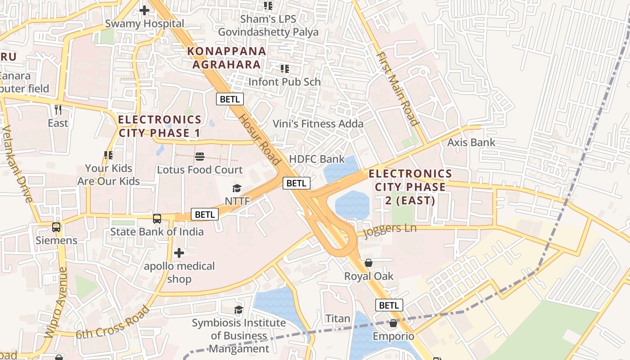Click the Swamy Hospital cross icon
point(144,10)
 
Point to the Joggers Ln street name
point(389,229)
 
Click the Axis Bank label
point(471,143)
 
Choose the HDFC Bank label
point(317,159)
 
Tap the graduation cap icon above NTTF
point(237,188)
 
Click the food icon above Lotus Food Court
point(200,157)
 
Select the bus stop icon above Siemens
point(56,227)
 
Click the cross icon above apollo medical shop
point(179,253)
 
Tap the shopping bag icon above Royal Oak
point(369,263)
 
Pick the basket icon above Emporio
point(393,323)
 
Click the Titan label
point(337,319)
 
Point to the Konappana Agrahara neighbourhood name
point(227,58)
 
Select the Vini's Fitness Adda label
point(318,124)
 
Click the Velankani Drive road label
point(18,164)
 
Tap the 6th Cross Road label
point(112,322)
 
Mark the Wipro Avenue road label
point(56,302)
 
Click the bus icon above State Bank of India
point(157,219)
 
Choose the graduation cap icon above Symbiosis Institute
point(238,310)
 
